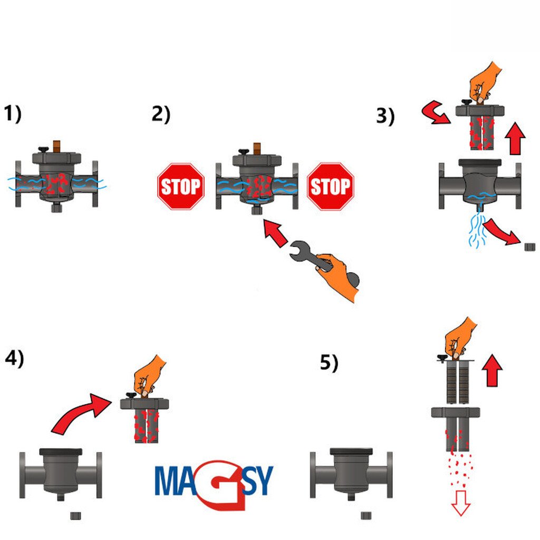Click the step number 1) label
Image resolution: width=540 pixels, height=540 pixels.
coord(13,114)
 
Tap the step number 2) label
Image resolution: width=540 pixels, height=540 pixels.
coord(161,114)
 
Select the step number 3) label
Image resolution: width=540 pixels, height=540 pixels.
coord(385,116)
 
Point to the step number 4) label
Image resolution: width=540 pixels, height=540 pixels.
coord(14,358)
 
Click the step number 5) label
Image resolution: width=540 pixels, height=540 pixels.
coord(329,362)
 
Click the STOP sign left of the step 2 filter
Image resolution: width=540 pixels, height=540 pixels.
coord(181,186)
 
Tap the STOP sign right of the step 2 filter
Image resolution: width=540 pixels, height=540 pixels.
coord(331,186)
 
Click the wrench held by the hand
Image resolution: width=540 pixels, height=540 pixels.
coord(310,256)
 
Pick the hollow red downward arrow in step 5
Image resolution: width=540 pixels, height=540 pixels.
coord(461,503)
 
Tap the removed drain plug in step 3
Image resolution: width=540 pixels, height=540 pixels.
coord(529,247)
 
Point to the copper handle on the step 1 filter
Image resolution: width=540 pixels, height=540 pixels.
coord(57,147)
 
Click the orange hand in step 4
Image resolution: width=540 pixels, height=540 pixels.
coord(149,375)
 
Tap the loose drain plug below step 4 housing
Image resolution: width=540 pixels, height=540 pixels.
coord(76,516)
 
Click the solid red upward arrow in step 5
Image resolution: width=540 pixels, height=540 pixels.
coord(493,370)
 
